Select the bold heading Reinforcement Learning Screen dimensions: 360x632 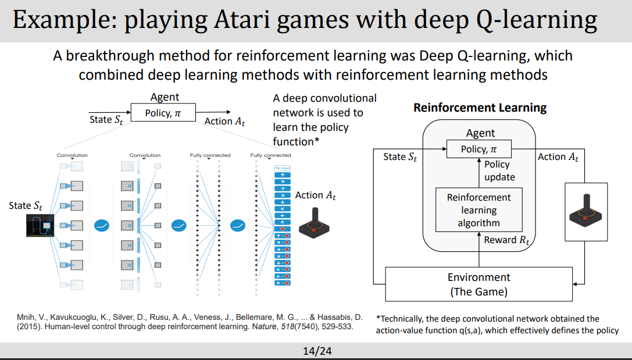pyautogui.click(x=480, y=108)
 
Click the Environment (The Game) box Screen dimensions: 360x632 pyautogui.click(x=479, y=284)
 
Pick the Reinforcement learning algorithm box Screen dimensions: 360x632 pyautogui.click(x=479, y=210)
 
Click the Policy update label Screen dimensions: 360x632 pyautogui.click(x=499, y=170)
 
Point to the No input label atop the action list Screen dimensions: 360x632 pyautogui.click(x=282, y=168)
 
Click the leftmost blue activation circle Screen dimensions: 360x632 pyautogui.click(x=102, y=224)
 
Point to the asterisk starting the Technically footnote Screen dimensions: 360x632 pyautogui.click(x=378, y=319)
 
